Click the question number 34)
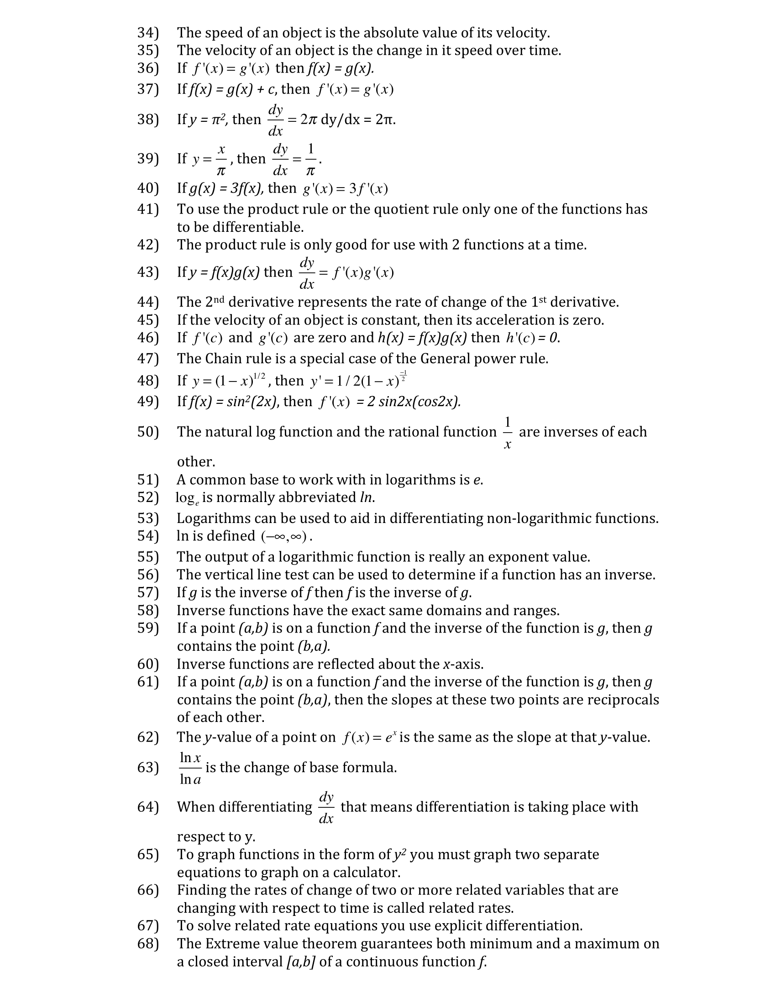(x=147, y=33)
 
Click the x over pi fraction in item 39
(x=221, y=160)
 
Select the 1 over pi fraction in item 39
(x=311, y=160)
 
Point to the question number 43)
(x=147, y=272)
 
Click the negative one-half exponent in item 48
(x=403, y=375)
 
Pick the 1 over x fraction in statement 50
(x=508, y=433)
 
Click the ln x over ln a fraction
(x=190, y=768)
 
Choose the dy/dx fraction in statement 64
(x=326, y=807)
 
